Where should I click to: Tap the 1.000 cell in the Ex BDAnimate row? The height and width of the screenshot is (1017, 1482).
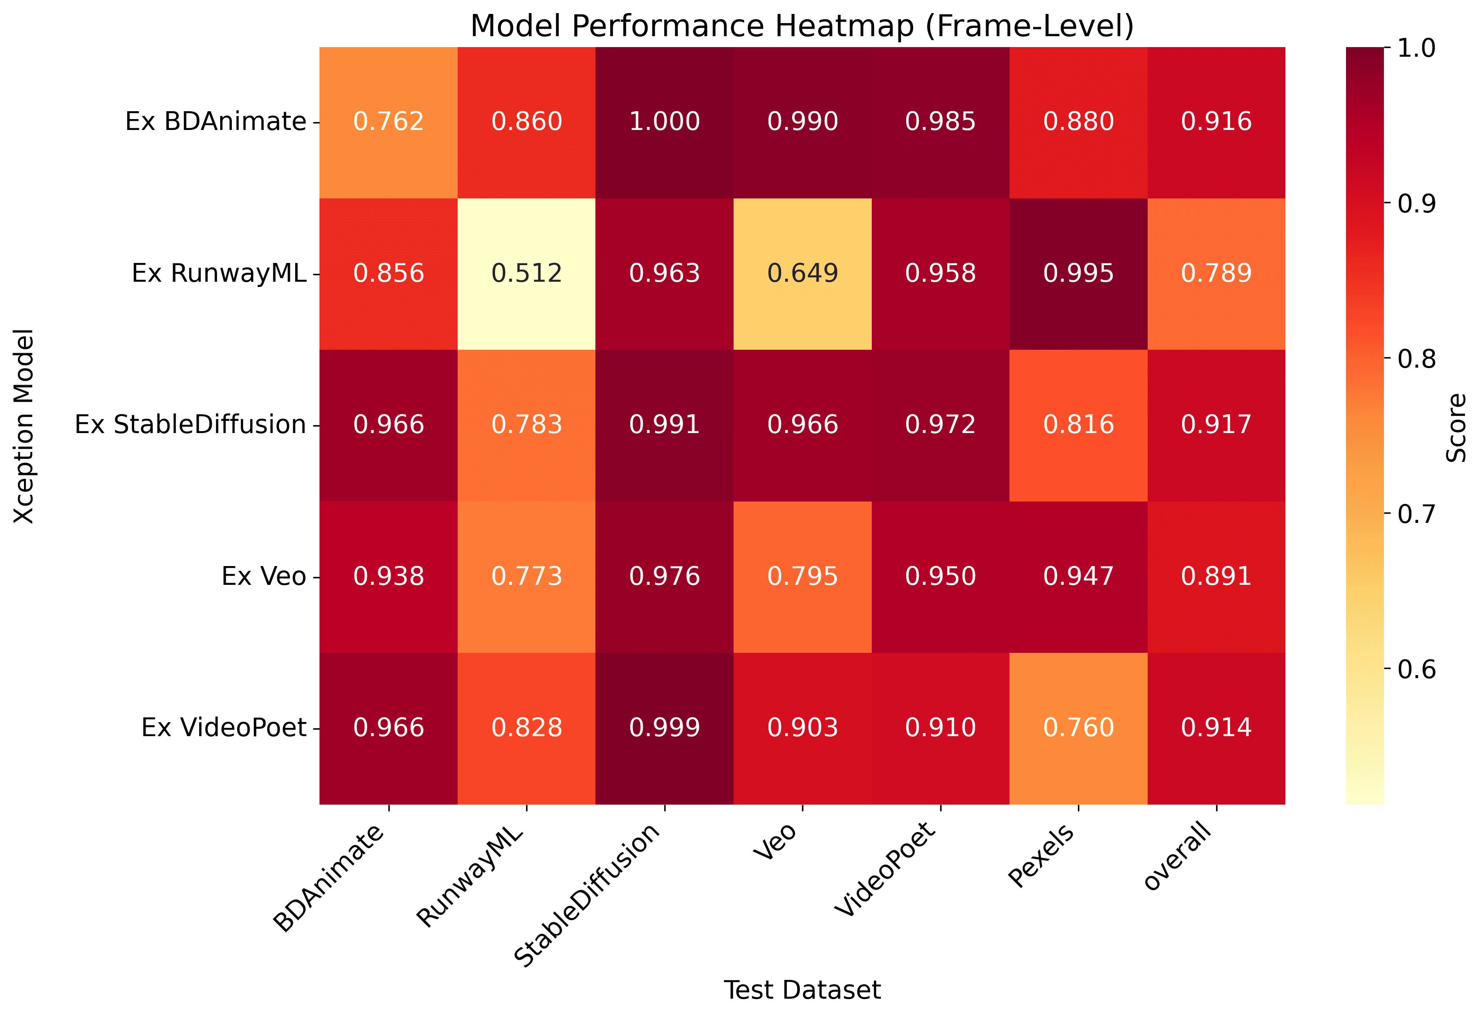(664, 122)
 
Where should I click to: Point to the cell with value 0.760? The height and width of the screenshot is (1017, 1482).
(1078, 728)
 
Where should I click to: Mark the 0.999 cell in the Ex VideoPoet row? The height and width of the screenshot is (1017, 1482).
(664, 728)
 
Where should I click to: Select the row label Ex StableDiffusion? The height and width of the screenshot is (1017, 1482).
(190, 425)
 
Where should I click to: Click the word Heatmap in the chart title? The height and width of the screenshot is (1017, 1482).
(845, 27)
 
